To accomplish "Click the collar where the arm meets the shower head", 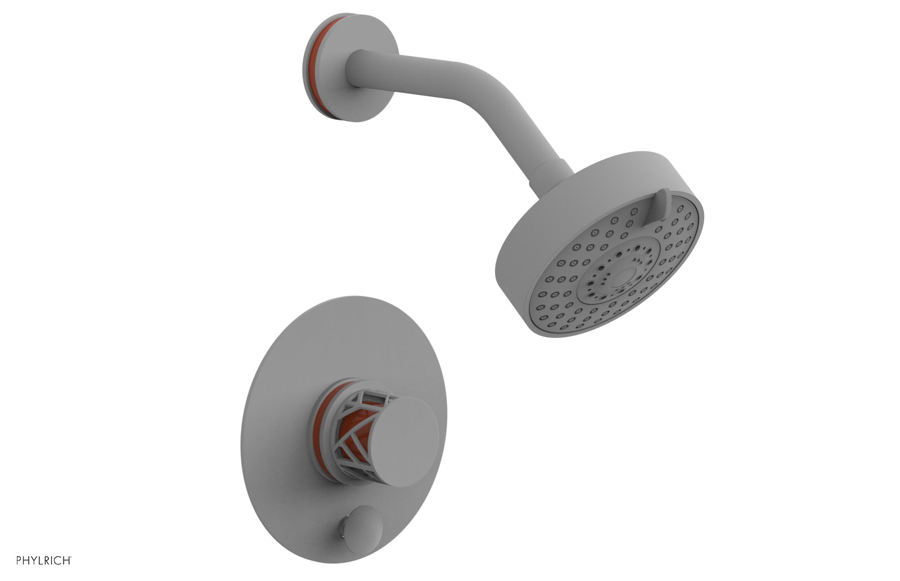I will tap(551, 169).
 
